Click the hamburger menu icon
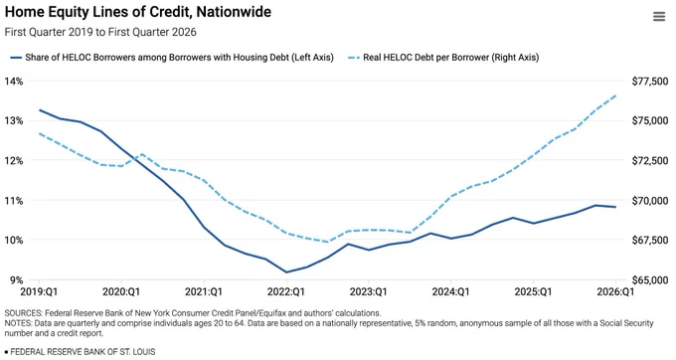659,17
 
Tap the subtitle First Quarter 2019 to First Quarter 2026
100,32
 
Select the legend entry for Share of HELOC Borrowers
172,58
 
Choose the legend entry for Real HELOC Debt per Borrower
443,58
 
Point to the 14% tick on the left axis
14,82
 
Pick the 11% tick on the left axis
14,201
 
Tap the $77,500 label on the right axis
650,82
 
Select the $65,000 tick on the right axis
650,280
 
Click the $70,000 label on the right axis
650,201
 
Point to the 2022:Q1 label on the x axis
286,292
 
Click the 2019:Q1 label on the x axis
39,292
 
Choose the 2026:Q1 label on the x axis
615,292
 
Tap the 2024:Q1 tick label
451,292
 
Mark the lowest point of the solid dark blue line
286,272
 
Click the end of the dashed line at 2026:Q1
615,95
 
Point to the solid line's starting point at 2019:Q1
39,110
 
